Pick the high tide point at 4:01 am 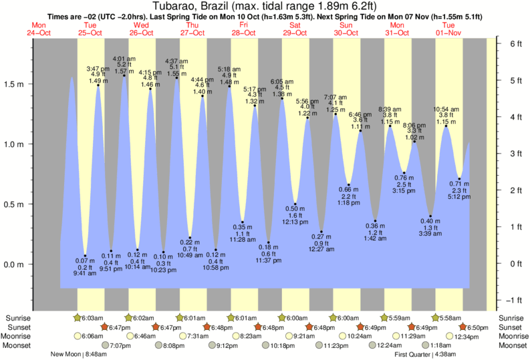coord(124,75)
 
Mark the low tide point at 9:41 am coord(86,255)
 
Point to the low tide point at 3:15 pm coord(404,172)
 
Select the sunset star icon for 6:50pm coord(465,327)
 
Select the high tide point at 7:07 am coord(336,114)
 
